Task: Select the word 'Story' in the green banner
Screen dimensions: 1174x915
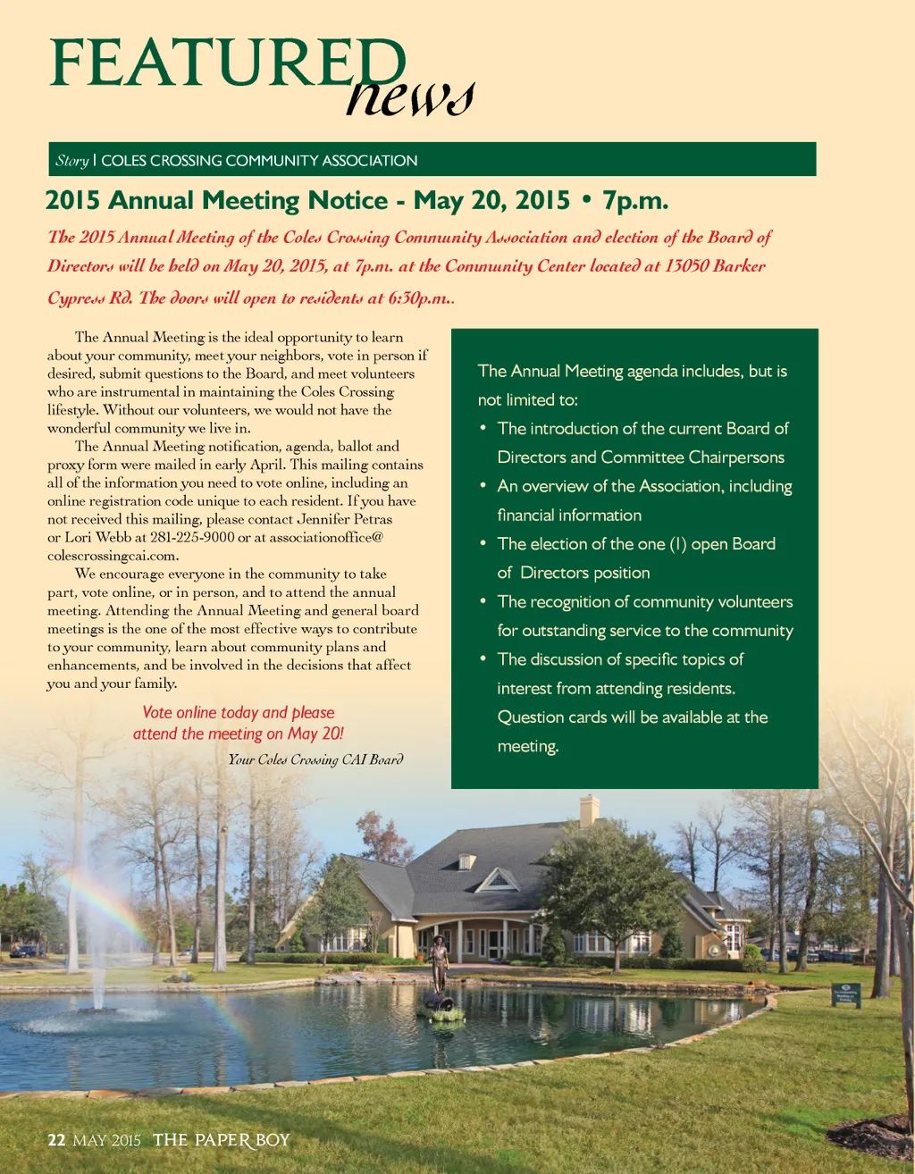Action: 71,161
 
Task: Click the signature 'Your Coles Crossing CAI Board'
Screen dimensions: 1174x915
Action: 315,759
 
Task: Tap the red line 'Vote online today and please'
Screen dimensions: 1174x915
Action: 238,713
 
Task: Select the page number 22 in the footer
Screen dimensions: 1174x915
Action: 56,1140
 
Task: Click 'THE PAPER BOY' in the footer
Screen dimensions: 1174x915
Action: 222,1140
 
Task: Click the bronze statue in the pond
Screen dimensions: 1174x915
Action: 439,965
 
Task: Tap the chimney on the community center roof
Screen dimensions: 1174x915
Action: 589,810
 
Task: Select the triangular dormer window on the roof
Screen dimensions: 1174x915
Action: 498,881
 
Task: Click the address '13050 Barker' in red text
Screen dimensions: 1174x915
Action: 715,266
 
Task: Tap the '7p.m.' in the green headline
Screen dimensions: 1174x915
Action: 635,200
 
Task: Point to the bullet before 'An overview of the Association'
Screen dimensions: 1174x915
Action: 483,485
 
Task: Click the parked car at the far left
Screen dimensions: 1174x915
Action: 24,951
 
